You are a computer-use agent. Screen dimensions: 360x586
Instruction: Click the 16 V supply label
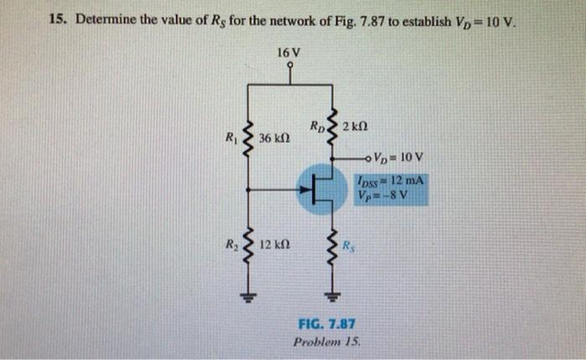click(x=290, y=53)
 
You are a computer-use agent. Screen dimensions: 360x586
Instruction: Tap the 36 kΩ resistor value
click(x=275, y=137)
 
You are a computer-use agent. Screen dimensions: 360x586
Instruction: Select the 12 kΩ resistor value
click(x=275, y=245)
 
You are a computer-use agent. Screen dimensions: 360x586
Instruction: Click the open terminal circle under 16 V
click(x=290, y=66)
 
